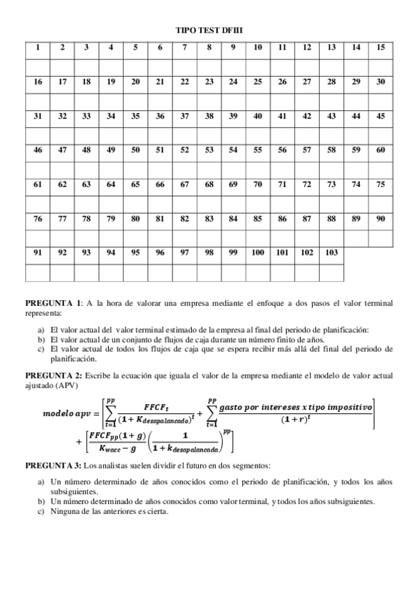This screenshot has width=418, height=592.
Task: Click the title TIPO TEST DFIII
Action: (x=209, y=31)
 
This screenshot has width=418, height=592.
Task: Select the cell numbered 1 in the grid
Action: (x=38, y=47)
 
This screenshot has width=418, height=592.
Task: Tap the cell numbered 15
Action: (x=380, y=47)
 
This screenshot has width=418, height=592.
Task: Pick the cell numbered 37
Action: (x=184, y=116)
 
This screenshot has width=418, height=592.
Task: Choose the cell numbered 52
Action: (x=184, y=150)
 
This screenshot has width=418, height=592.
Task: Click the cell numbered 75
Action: (x=380, y=184)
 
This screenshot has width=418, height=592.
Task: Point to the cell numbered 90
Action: (x=380, y=219)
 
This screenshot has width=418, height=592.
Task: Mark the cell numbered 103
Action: (x=331, y=253)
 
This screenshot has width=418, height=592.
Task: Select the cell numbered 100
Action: (x=257, y=253)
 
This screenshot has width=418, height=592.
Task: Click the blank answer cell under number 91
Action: (x=38, y=272)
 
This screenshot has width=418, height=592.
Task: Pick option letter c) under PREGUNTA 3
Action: (x=41, y=510)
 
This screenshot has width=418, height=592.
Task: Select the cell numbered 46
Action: (x=38, y=150)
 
